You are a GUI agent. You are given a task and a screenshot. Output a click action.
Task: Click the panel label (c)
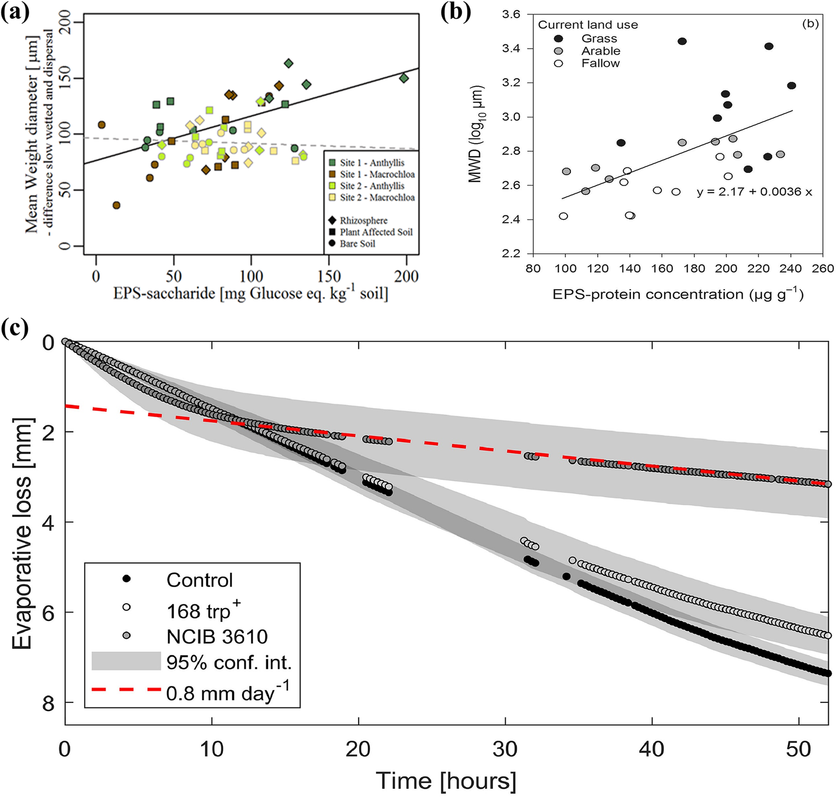click(x=15, y=328)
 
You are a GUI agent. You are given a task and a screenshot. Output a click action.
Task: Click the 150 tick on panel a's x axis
click(x=329, y=276)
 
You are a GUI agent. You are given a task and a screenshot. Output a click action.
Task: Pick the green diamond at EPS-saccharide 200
click(x=404, y=78)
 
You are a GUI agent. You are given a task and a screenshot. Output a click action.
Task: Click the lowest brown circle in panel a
click(x=116, y=205)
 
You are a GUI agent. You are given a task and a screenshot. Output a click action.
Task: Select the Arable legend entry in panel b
click(x=600, y=51)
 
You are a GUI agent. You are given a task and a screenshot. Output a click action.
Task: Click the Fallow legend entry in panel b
click(x=600, y=63)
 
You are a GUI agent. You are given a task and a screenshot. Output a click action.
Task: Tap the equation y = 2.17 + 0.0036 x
click(x=754, y=192)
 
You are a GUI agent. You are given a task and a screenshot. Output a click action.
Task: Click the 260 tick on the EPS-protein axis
click(x=822, y=269)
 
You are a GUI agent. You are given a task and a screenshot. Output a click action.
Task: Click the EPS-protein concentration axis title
click(x=678, y=294)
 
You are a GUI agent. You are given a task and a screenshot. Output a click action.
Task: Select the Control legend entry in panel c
click(x=199, y=580)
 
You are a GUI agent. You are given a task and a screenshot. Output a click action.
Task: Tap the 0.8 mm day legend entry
click(x=228, y=692)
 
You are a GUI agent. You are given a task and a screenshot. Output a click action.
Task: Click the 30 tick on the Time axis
click(x=505, y=749)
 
